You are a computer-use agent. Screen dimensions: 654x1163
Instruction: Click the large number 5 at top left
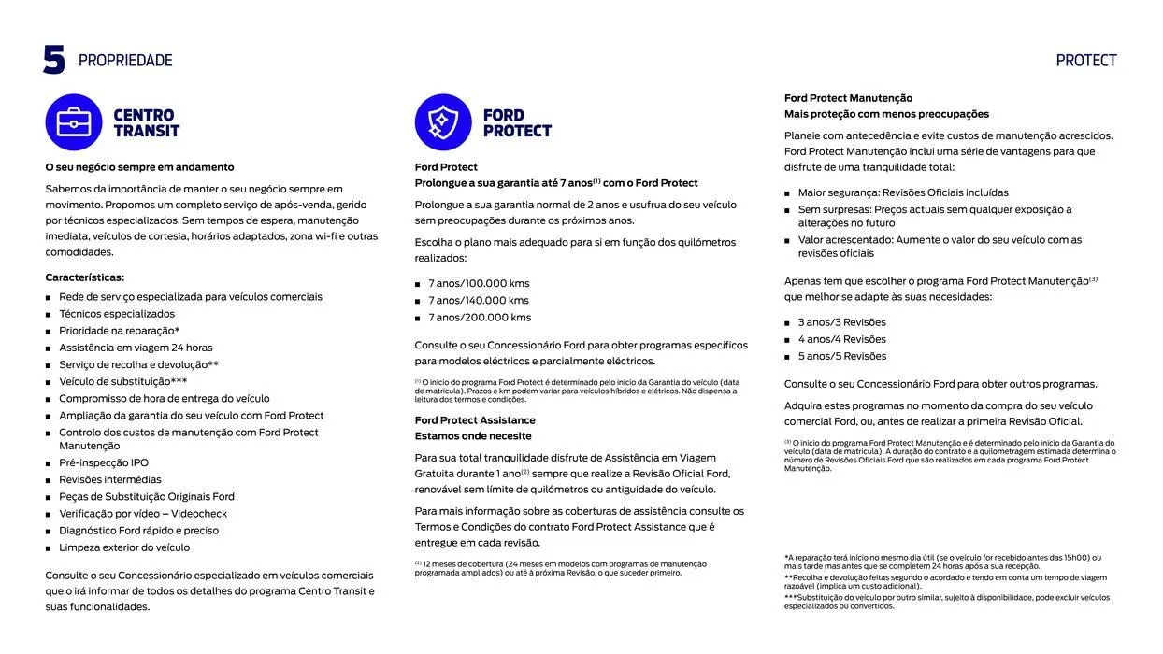(x=54, y=60)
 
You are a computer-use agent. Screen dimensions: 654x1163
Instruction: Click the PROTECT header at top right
(x=1086, y=61)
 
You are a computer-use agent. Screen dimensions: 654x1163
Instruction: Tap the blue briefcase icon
(x=74, y=122)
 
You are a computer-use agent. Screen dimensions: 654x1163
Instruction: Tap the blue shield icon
(x=443, y=122)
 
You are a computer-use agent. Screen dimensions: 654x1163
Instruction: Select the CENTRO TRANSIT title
(x=146, y=123)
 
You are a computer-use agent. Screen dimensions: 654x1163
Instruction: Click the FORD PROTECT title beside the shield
(x=517, y=123)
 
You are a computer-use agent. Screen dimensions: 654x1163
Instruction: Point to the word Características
(x=85, y=277)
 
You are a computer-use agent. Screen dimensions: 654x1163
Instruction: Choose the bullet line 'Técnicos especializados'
(x=117, y=314)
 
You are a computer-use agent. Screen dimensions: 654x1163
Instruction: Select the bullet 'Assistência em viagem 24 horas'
(x=136, y=348)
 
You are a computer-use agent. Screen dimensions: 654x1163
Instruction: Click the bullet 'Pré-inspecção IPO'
(x=104, y=462)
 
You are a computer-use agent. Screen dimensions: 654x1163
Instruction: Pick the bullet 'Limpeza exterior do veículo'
(x=124, y=547)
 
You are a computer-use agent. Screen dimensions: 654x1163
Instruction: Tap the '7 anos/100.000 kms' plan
(x=479, y=284)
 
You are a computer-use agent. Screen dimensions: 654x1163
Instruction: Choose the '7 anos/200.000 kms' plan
(x=480, y=318)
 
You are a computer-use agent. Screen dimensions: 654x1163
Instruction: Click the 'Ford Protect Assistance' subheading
(x=475, y=420)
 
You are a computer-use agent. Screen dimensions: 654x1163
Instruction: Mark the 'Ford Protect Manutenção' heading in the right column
(x=848, y=98)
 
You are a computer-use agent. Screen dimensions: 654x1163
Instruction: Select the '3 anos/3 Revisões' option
(x=841, y=322)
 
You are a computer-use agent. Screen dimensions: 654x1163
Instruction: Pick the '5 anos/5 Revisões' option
(x=841, y=356)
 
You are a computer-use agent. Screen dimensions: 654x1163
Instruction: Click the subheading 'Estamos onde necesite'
(x=473, y=436)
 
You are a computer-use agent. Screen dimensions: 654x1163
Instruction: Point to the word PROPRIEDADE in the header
(x=125, y=61)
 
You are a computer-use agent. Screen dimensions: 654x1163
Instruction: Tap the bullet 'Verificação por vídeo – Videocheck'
(x=143, y=514)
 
